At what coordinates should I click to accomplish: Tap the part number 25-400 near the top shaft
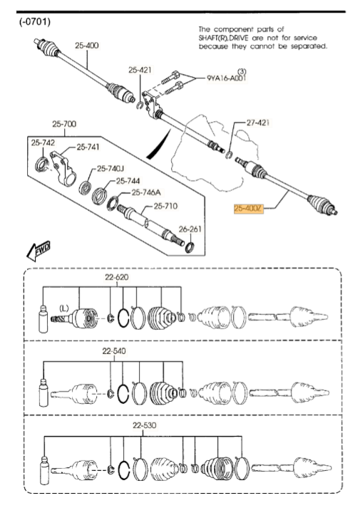coord(88,46)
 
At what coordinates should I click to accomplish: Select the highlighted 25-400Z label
coord(249,209)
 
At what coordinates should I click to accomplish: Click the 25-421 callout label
coord(140,70)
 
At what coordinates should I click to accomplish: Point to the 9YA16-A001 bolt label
coord(226,79)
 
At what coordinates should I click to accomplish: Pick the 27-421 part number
coord(258,123)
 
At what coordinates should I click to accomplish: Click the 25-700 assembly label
coord(63,125)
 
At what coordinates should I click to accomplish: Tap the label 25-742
coord(43,143)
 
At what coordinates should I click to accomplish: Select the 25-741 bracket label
coord(88,147)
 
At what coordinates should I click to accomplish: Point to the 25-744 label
coord(128,181)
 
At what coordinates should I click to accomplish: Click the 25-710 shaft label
coord(166,207)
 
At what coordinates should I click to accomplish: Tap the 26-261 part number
coord(190,229)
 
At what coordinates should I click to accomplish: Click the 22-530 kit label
coord(145,427)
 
